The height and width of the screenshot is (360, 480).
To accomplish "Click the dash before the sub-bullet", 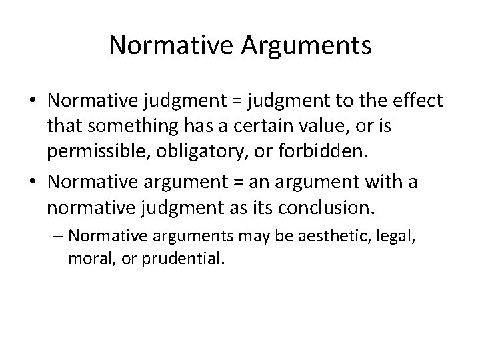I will (58, 235).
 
